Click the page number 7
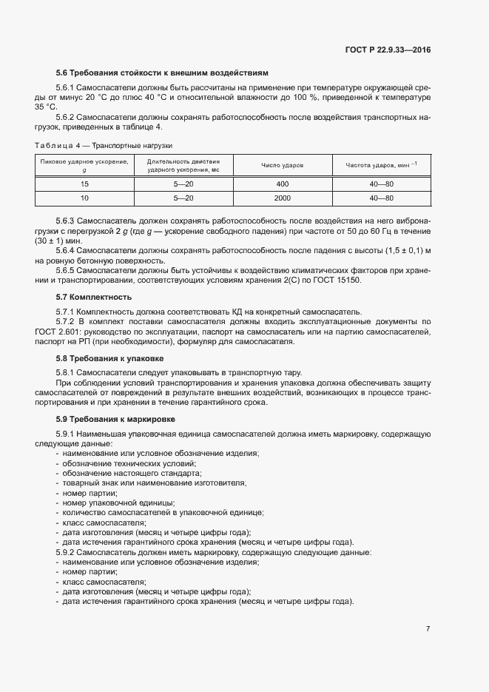[x=428, y=628]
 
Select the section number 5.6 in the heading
[x=62, y=73]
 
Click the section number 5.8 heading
[x=62, y=358]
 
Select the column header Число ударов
[x=283, y=164]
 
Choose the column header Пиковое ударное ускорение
[x=84, y=164]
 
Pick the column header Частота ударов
[x=381, y=164]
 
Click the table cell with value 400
[x=283, y=184]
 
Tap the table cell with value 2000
[x=283, y=198]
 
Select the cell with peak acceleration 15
[x=84, y=184]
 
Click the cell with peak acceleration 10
[x=84, y=198]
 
